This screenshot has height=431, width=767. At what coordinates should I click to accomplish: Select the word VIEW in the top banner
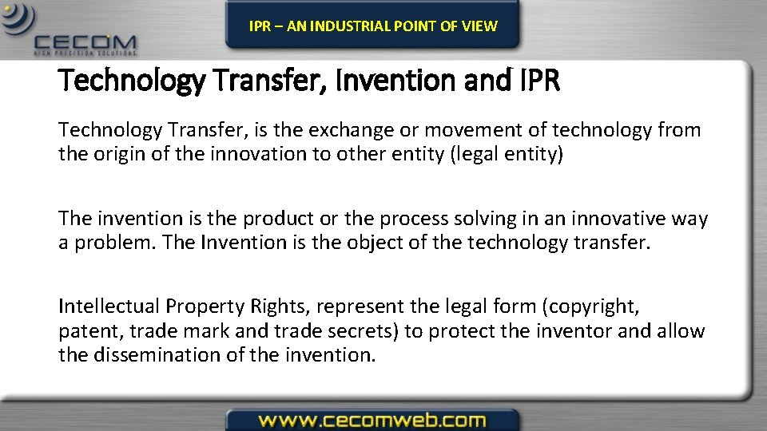tap(479, 26)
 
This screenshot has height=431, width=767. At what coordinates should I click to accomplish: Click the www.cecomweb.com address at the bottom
tap(372, 420)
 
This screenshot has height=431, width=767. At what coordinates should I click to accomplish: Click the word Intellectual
tap(109, 306)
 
